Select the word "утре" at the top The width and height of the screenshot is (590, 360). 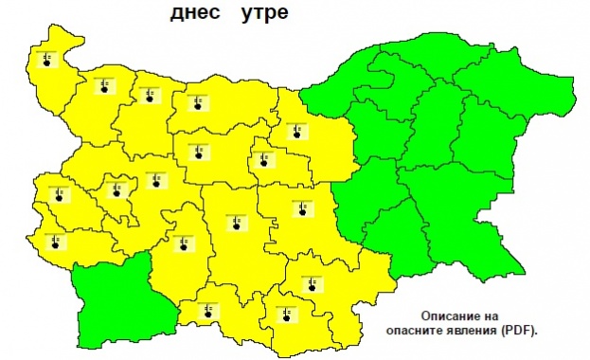coord(259,15)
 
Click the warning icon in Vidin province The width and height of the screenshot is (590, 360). coord(46,60)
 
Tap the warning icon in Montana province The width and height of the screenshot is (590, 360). coord(102,87)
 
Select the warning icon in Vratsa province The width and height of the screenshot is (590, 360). coord(149,95)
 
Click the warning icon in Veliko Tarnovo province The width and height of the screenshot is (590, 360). coord(296,131)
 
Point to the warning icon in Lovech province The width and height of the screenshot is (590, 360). coord(198,153)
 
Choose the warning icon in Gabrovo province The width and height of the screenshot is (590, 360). coord(262,159)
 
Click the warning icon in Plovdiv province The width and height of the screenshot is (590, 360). coord(234,224)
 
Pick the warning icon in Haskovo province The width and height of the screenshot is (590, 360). coord(310,283)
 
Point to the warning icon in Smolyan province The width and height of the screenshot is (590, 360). coord(207,309)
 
